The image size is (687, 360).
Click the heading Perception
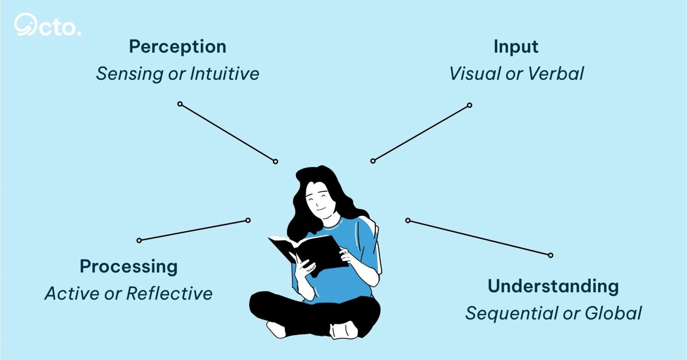click(x=178, y=47)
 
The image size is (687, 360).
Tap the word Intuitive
click(x=225, y=73)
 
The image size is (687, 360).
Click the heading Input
click(x=516, y=47)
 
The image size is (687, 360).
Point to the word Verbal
click(x=556, y=73)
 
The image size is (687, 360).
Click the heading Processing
click(x=128, y=266)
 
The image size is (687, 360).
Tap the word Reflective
click(x=169, y=293)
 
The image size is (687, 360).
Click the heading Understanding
click(x=553, y=287)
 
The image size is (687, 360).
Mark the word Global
click(x=613, y=313)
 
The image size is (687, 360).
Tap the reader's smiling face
click(x=319, y=201)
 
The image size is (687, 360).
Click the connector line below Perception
click(x=228, y=133)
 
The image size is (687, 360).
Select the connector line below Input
click(x=421, y=133)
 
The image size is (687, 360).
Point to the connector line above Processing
click(x=194, y=230)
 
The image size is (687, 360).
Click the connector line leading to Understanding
click(x=479, y=238)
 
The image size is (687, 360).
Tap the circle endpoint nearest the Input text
click(x=470, y=106)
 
